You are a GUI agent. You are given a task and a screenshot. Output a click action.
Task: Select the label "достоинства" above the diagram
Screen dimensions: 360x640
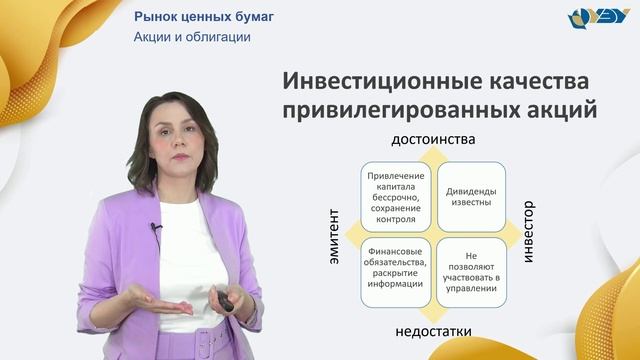pos(433,137)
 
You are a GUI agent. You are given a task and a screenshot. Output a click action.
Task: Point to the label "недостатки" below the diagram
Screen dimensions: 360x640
pos(431,330)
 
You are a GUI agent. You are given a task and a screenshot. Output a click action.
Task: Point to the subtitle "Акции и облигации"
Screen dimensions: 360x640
pos(192,37)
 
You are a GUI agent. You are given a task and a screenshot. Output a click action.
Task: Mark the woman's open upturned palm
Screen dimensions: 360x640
pos(160,297)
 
